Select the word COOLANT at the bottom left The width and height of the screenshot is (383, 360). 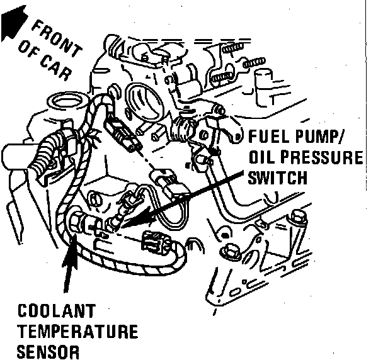coord(57,312)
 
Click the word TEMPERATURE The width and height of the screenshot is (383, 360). coord(78,332)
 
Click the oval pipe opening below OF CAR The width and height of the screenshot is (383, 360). coord(64,101)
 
